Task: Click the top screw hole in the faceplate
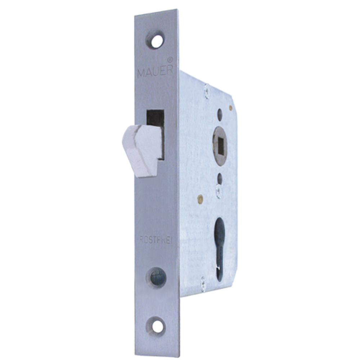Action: coord(157,41)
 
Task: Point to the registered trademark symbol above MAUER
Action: coord(170,60)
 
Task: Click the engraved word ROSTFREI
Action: coord(156,240)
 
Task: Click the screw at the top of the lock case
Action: coord(207,91)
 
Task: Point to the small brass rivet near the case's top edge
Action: coord(231,108)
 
